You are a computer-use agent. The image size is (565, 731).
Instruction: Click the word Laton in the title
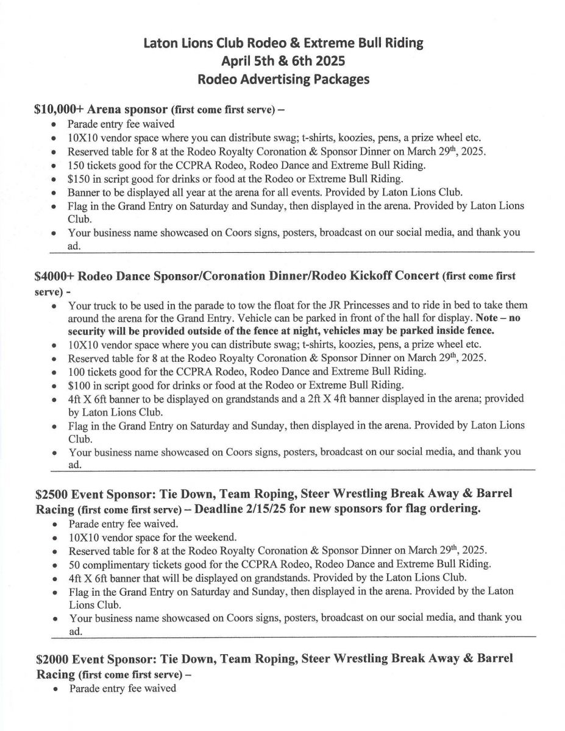(x=161, y=43)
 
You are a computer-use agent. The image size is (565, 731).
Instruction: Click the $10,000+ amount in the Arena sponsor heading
(x=60, y=110)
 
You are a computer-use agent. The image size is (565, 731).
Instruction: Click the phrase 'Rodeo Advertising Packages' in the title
(x=283, y=80)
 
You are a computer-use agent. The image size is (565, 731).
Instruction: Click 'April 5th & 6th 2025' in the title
(x=283, y=62)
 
